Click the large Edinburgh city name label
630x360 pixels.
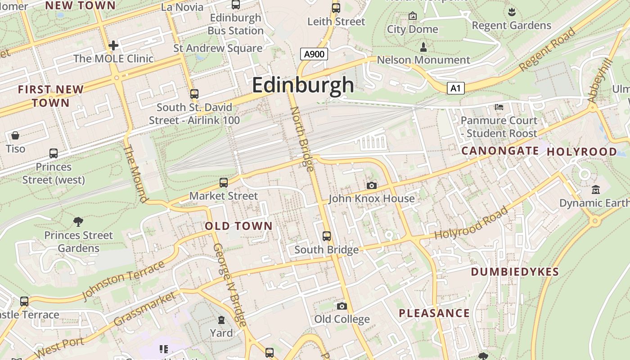tap(303, 85)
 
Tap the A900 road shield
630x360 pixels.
tap(314, 54)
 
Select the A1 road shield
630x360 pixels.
tap(455, 88)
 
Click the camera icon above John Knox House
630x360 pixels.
tap(371, 185)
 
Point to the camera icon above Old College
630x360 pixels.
tap(342, 306)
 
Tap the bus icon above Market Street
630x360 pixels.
tap(224, 183)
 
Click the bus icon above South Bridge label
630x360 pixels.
tap(327, 236)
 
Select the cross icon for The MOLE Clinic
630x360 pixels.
tap(113, 45)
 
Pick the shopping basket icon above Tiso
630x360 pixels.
tap(15, 135)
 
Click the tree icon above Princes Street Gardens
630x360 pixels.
tap(78, 221)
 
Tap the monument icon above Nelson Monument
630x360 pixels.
tap(423, 47)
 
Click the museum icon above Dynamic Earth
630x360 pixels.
tap(596, 189)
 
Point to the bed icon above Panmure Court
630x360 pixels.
tap(499, 107)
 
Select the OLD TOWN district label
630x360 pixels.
tap(238, 226)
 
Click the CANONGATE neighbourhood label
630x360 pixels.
tap(500, 151)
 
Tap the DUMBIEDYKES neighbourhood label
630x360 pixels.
tap(515, 272)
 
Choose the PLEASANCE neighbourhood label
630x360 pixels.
tap(434, 313)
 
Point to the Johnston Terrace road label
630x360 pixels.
tap(124, 280)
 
